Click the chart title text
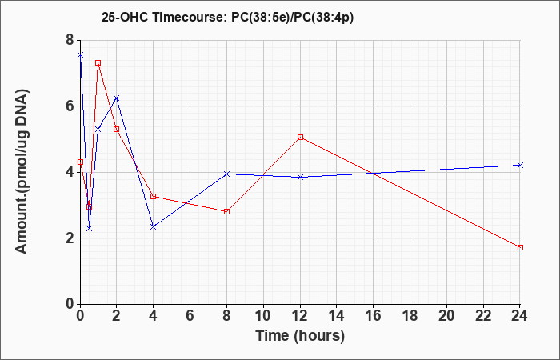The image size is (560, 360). [227, 17]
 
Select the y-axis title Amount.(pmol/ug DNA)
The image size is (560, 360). [22, 171]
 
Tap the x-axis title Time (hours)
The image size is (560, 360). [300, 336]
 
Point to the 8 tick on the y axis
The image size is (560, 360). [70, 40]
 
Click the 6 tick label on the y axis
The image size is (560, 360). [70, 106]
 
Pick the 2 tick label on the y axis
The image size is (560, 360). [70, 238]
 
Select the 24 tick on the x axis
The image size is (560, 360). [520, 316]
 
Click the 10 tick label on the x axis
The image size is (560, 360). [263, 316]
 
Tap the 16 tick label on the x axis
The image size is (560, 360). [374, 316]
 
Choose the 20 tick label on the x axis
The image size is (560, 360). [446, 316]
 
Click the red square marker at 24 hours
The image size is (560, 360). [520, 247]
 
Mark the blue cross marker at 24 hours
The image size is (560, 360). [520, 165]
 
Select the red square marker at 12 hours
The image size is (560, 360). [300, 137]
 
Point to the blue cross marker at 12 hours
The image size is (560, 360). [300, 177]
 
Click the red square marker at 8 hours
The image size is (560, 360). [226, 211]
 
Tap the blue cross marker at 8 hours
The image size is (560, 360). [226, 174]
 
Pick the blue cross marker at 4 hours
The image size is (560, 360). [154, 226]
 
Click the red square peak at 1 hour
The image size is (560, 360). [98, 63]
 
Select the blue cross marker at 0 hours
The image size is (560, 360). [80, 55]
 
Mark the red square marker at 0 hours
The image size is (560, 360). [80, 162]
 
